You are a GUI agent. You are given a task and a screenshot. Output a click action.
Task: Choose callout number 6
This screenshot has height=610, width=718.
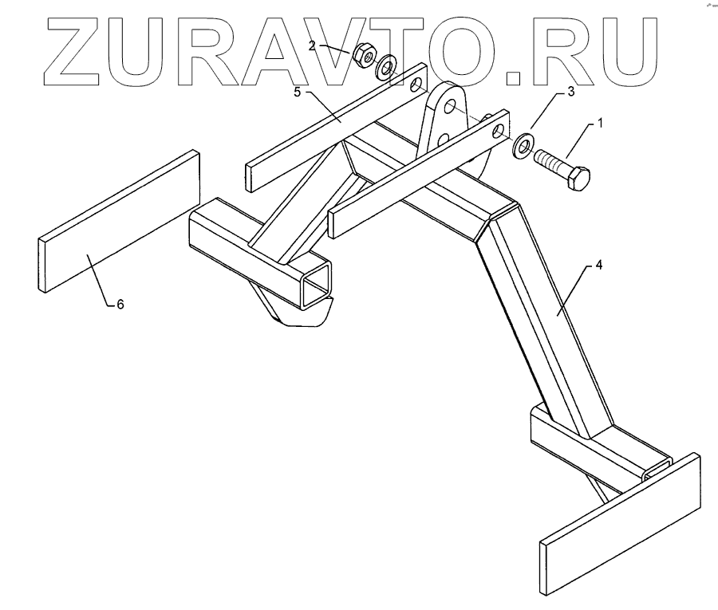point(120,304)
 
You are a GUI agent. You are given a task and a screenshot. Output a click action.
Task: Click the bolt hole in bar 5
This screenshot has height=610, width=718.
point(415,82)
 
